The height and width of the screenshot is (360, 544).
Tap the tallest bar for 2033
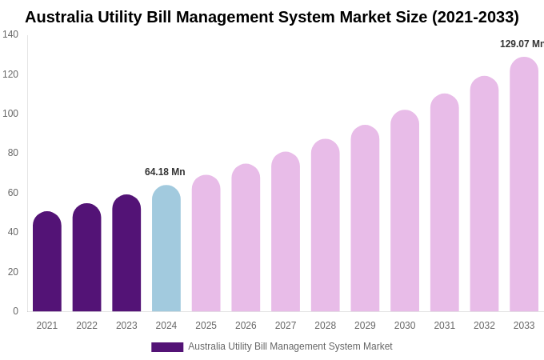point(524,185)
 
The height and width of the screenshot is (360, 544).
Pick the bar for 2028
point(326,226)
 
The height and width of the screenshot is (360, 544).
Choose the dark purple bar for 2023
point(126,254)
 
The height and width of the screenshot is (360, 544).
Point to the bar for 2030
point(405,211)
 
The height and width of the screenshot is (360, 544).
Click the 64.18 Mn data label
point(165,172)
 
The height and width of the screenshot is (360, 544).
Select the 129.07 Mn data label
point(521,44)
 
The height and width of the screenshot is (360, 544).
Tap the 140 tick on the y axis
point(10,34)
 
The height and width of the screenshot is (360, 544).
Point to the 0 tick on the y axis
point(15,311)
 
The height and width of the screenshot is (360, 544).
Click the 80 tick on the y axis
point(13,153)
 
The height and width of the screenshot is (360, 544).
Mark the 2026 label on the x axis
point(246,326)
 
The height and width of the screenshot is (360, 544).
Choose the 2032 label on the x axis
point(484,326)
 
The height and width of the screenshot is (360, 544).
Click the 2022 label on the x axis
point(86,326)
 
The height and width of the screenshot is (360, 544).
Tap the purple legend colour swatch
point(167,347)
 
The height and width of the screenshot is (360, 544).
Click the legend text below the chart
point(290,346)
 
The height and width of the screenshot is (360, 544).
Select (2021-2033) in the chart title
point(475,17)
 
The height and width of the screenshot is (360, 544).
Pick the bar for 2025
point(206,244)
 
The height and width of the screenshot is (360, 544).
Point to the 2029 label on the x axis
point(365,326)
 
